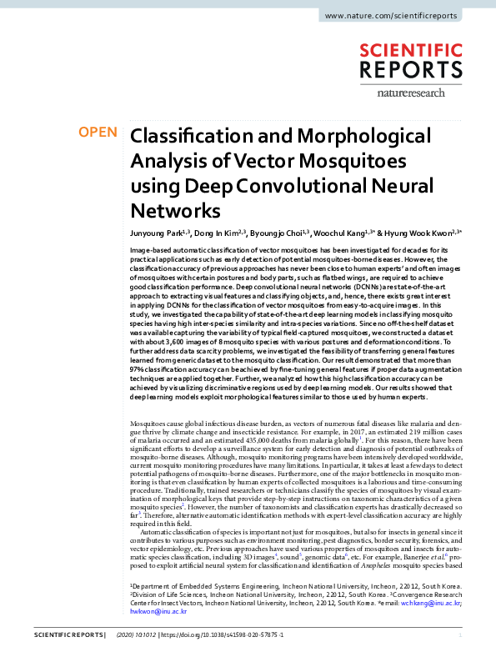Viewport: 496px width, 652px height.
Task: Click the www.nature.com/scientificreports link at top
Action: (401, 16)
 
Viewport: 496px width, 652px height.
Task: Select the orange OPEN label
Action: (98, 132)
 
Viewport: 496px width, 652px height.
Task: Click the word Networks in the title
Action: (176, 208)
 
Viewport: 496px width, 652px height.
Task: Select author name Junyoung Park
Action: (156, 234)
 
